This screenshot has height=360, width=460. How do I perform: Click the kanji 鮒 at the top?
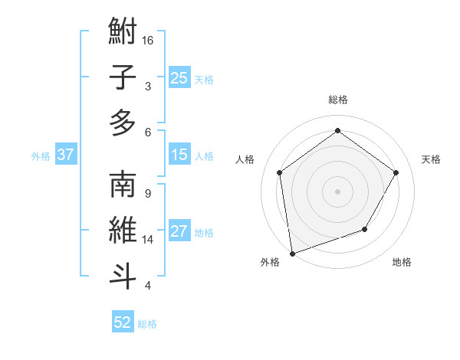(123, 34)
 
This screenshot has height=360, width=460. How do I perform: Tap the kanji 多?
(123, 123)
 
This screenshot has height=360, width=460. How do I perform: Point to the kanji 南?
(123, 185)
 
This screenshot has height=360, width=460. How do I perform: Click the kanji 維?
(123, 230)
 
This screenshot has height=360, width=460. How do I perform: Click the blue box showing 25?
(179, 78)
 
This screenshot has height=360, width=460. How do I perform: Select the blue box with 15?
(179, 155)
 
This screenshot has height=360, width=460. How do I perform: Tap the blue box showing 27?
(179, 232)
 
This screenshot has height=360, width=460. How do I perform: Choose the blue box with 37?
(65, 155)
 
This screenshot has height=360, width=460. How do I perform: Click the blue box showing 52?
(123, 322)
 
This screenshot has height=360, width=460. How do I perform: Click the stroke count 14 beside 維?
(148, 240)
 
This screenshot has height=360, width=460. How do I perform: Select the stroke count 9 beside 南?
(147, 193)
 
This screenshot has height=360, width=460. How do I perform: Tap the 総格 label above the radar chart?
(337, 100)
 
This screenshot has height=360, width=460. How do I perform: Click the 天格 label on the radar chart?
(431, 159)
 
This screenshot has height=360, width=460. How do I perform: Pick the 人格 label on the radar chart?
(245, 159)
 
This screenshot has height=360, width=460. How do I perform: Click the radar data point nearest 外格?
(291, 253)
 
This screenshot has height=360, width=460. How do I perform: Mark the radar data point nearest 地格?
(365, 229)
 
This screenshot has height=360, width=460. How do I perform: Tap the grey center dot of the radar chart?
(337, 191)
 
